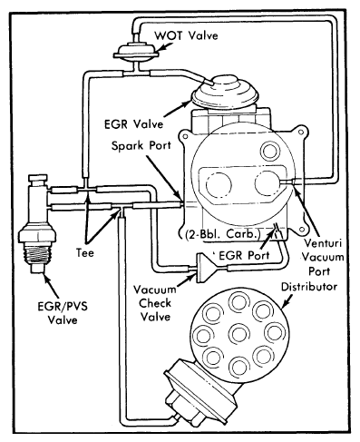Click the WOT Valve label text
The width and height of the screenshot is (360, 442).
[x=186, y=35]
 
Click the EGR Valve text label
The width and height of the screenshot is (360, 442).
[x=133, y=124]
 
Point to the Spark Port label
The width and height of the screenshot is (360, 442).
[x=141, y=145]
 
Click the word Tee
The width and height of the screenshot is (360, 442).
[x=85, y=252]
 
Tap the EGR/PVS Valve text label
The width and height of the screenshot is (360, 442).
[x=63, y=313]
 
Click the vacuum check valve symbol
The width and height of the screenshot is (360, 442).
[x=207, y=268]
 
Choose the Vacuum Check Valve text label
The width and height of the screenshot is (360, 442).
[x=155, y=303]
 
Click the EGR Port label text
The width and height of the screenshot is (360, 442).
[x=244, y=256]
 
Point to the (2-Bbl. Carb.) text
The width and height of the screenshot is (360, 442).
[x=223, y=234]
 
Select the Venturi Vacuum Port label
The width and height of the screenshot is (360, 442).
[x=323, y=257]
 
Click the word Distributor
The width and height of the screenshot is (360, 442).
[x=309, y=287]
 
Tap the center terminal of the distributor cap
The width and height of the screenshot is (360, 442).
[x=239, y=333]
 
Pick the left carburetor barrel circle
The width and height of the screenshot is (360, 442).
[x=219, y=184]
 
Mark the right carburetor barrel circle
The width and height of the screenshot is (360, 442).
[x=268, y=182]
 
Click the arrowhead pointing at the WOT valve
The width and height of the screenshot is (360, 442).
[x=162, y=47]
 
